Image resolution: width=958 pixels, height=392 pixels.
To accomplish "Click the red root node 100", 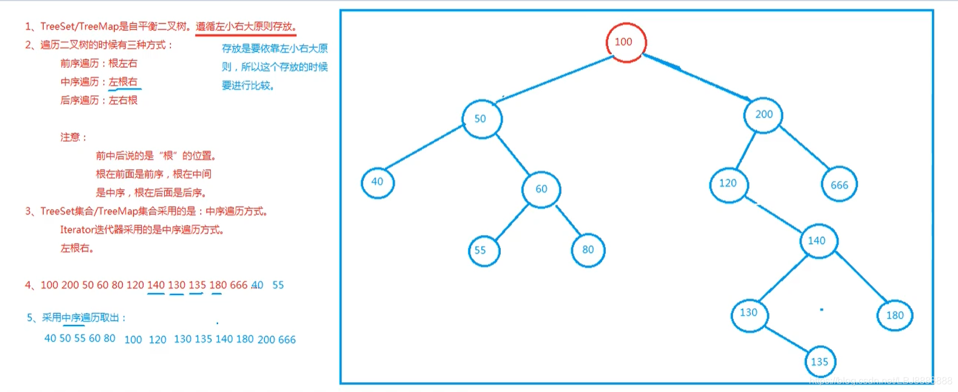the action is (x=626, y=42).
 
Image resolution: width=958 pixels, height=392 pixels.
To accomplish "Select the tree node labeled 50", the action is (x=481, y=119).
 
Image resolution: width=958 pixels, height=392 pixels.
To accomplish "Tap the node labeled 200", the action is (x=763, y=115).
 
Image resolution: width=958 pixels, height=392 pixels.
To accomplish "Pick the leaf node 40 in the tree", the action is (x=377, y=182).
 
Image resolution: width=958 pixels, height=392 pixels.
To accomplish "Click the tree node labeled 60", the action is (x=541, y=189).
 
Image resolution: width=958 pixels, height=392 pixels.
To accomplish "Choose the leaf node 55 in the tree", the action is (x=483, y=250).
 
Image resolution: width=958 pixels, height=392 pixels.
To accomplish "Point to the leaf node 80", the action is (x=588, y=250).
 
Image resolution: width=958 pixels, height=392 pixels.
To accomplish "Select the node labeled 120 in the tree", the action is (x=728, y=184).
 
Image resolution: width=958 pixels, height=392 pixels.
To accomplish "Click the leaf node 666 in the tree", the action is (x=839, y=185).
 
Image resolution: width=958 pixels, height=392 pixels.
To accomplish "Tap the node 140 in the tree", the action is (x=817, y=241).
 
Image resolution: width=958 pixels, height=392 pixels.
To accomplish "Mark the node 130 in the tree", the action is (x=749, y=313).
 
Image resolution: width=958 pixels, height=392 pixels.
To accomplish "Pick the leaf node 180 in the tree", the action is (x=894, y=315).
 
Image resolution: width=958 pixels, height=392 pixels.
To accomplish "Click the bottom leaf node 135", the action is (x=820, y=362).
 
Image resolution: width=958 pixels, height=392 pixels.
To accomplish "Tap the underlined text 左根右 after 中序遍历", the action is (x=123, y=82).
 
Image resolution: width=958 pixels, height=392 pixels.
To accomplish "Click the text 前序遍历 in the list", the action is (x=79, y=64).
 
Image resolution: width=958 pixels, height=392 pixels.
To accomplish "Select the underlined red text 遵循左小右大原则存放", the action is (x=246, y=27).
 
